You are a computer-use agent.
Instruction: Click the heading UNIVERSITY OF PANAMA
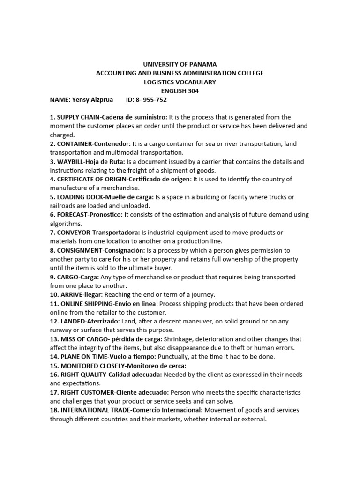tap(180, 64)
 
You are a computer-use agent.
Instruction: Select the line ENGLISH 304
tap(180, 91)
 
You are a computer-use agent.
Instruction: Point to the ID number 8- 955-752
tap(151, 100)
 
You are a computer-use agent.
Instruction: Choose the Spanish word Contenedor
tap(112, 144)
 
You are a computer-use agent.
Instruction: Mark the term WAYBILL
tap(73, 162)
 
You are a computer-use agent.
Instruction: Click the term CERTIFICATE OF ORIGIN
tap(92, 180)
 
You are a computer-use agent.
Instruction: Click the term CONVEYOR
tap(74, 232)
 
